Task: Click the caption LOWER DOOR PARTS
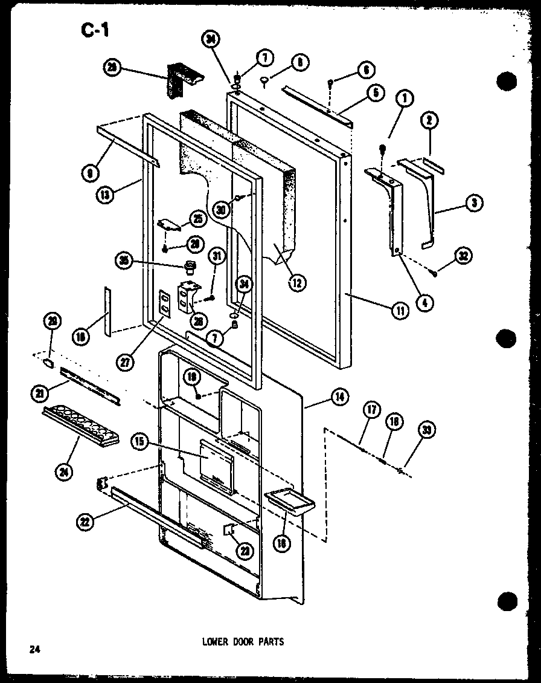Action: [x=242, y=641]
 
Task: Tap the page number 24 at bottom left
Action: [x=34, y=650]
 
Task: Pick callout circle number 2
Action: [x=429, y=121]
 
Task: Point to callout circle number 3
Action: [x=475, y=204]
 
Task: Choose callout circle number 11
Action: [x=400, y=310]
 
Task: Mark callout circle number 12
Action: [x=296, y=282]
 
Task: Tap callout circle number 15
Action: [x=139, y=442]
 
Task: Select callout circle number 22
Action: [x=87, y=522]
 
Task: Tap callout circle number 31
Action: [x=217, y=257]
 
